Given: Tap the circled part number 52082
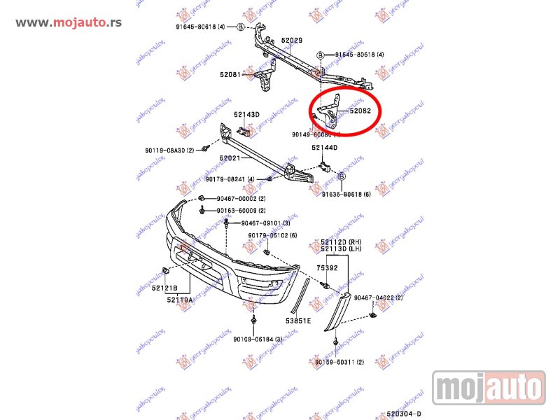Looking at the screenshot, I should coord(360,111).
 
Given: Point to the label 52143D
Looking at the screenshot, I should coord(246,114).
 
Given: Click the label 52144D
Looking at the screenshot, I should coord(325,148).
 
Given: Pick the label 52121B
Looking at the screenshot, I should coord(164,288).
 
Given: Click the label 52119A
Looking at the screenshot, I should coord(181,300).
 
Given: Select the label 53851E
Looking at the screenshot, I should coord(299,321).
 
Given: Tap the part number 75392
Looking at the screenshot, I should coord(327,267).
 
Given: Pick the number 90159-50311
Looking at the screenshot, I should coord(339,362).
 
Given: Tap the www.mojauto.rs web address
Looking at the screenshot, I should coord(69,22).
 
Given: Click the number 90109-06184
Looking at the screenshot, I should coord(258,339).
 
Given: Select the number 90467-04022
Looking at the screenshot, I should coord(379,298).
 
